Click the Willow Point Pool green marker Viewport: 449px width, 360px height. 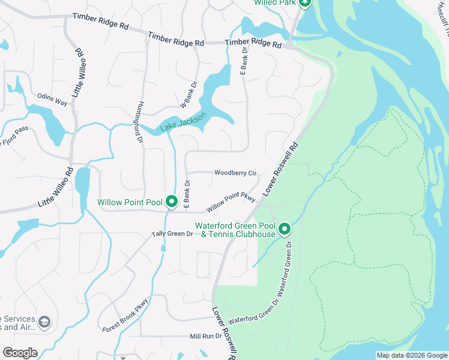pyautogui.click(x=171, y=202)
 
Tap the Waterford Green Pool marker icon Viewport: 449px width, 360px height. pyautogui.click(x=284, y=229)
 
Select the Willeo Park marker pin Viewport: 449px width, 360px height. pyautogui.click(x=305, y=3)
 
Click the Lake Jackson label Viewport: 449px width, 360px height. pyautogui.click(x=184, y=122)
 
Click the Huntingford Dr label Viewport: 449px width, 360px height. pyautogui.click(x=140, y=121)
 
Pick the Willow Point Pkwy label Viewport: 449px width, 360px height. pyautogui.click(x=231, y=202)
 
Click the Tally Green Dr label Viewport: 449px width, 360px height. pyautogui.click(x=172, y=233)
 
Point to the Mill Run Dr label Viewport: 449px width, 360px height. pyautogui.click(x=206, y=337)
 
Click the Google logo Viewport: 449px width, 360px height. pyautogui.click(x=20, y=353)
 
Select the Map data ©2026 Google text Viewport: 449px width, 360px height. pyautogui.click(x=412, y=355)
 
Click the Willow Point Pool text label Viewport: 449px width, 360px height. pyautogui.click(x=129, y=202)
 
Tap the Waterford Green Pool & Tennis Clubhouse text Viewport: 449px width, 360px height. pyautogui.click(x=235, y=230)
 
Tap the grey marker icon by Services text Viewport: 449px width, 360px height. pyautogui.click(x=43, y=324)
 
